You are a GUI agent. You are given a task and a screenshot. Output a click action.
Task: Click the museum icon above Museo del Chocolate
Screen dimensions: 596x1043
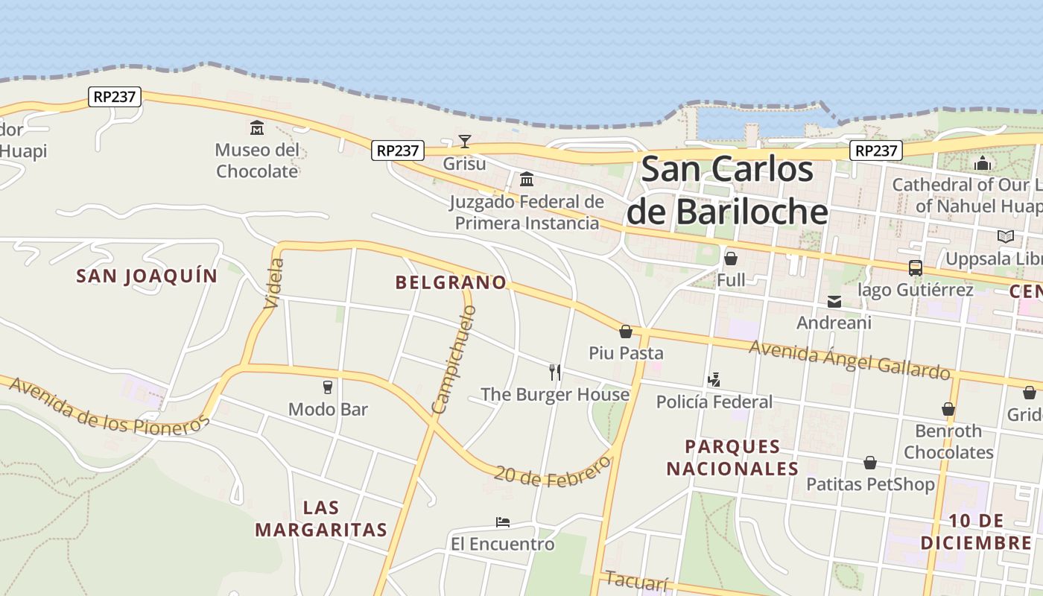(257, 127)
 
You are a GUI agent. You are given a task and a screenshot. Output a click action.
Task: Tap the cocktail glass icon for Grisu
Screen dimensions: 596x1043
(465, 141)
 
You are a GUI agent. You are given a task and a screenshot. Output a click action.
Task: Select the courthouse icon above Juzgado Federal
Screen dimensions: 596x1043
(527, 179)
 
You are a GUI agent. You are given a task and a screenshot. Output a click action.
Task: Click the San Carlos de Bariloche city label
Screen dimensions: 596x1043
(727, 191)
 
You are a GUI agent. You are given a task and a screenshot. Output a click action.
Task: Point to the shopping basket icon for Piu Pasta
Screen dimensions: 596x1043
(626, 331)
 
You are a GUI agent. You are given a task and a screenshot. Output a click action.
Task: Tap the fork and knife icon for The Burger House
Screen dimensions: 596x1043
(555, 372)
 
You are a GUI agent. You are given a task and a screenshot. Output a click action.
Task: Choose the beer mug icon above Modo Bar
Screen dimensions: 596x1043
(327, 387)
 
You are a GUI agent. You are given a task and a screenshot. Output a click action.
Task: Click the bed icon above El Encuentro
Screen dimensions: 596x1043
(503, 522)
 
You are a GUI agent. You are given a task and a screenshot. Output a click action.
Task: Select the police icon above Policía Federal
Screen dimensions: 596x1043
(714, 379)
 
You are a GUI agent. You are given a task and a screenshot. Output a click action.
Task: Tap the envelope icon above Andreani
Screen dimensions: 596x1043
(834, 301)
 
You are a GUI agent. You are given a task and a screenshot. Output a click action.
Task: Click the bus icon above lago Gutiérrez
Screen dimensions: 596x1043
(915, 267)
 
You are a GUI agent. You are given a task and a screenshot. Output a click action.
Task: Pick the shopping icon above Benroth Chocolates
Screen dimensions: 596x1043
(948, 409)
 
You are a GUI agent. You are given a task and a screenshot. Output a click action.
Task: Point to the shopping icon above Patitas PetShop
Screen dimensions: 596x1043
(869, 463)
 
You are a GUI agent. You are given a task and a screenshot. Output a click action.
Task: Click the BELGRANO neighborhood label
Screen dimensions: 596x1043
(451, 282)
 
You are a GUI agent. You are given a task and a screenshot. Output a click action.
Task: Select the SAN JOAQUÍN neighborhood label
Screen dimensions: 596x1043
(147, 276)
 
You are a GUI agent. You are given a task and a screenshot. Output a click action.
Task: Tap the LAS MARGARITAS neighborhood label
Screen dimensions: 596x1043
(321, 519)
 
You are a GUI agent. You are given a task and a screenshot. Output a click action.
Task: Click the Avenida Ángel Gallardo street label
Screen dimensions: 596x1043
(849, 359)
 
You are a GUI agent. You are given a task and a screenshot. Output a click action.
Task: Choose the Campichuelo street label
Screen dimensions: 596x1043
(453, 359)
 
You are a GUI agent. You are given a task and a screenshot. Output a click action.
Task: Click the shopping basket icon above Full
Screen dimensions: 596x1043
(731, 259)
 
